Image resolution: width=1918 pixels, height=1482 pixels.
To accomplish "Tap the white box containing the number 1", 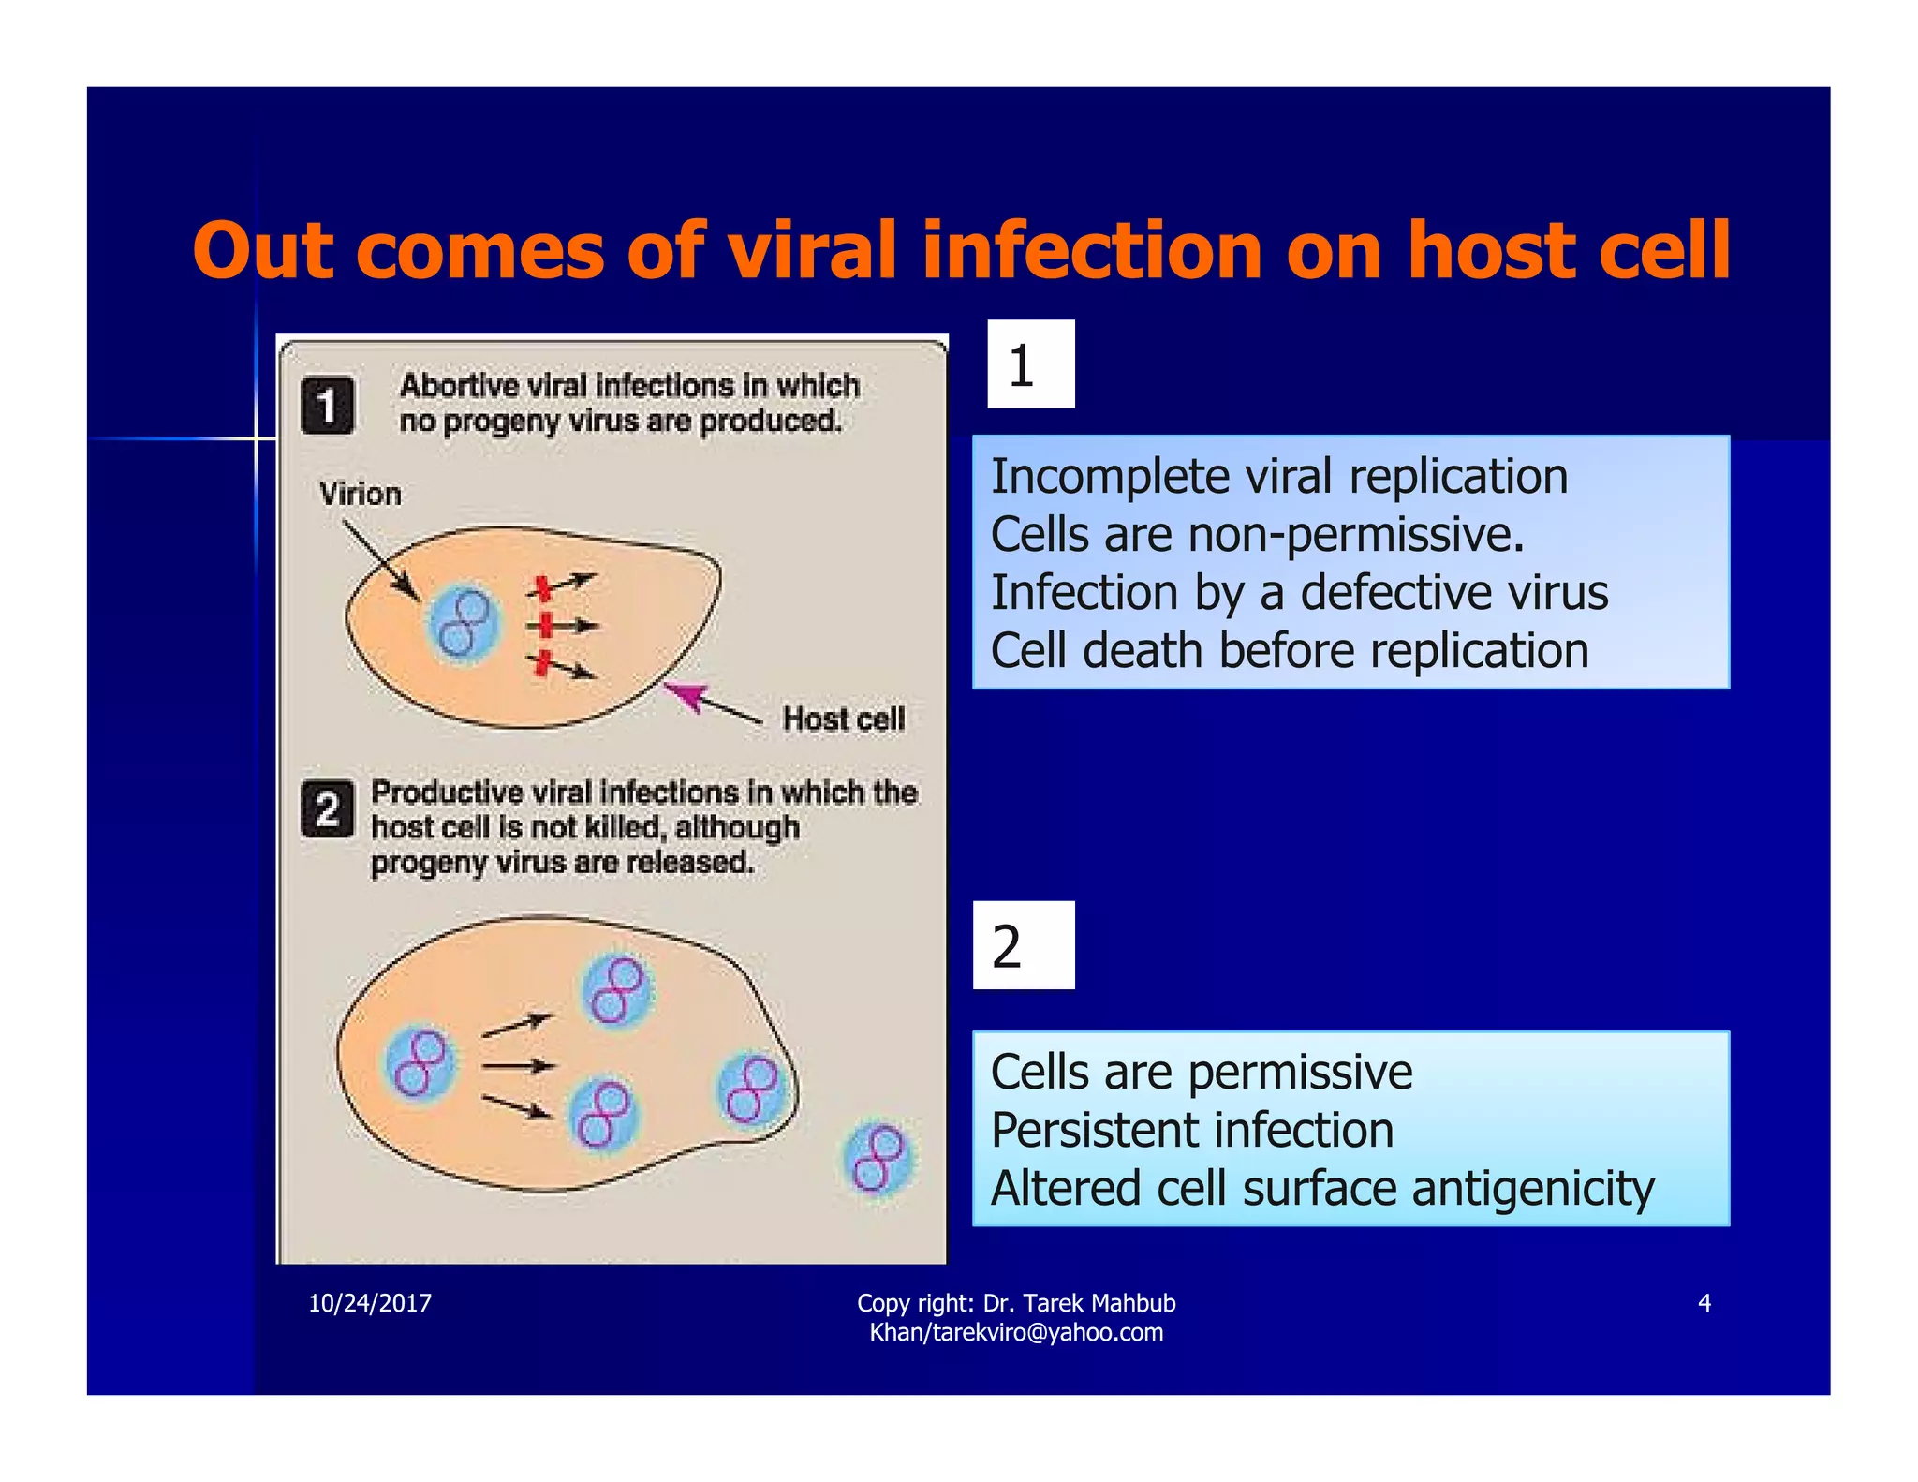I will (1030, 364).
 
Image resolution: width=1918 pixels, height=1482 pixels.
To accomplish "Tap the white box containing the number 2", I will (1023, 945).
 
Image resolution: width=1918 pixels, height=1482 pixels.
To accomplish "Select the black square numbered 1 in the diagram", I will (327, 406).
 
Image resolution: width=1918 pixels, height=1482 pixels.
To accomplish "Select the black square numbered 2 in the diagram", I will (327, 808).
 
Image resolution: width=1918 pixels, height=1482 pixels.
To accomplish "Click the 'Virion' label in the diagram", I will (361, 494).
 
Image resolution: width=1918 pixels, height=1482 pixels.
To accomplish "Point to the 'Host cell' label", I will (844, 719).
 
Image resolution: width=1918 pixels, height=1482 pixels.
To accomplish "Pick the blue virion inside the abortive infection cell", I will (464, 624).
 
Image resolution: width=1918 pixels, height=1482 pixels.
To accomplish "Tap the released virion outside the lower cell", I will (877, 1159).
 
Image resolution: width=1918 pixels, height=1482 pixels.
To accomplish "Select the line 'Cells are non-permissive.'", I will (1257, 535).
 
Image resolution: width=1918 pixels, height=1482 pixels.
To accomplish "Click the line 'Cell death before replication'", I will (1290, 651).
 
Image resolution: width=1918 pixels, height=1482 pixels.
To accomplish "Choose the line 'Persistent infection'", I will (1192, 1130).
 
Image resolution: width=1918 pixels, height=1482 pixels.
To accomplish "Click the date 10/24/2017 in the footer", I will (370, 1303).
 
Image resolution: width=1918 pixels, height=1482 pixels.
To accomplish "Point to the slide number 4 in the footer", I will (1704, 1303).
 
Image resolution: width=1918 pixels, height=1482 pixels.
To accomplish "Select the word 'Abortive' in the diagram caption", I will (459, 385).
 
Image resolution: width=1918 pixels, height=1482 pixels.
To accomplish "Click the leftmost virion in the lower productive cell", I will (420, 1064).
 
